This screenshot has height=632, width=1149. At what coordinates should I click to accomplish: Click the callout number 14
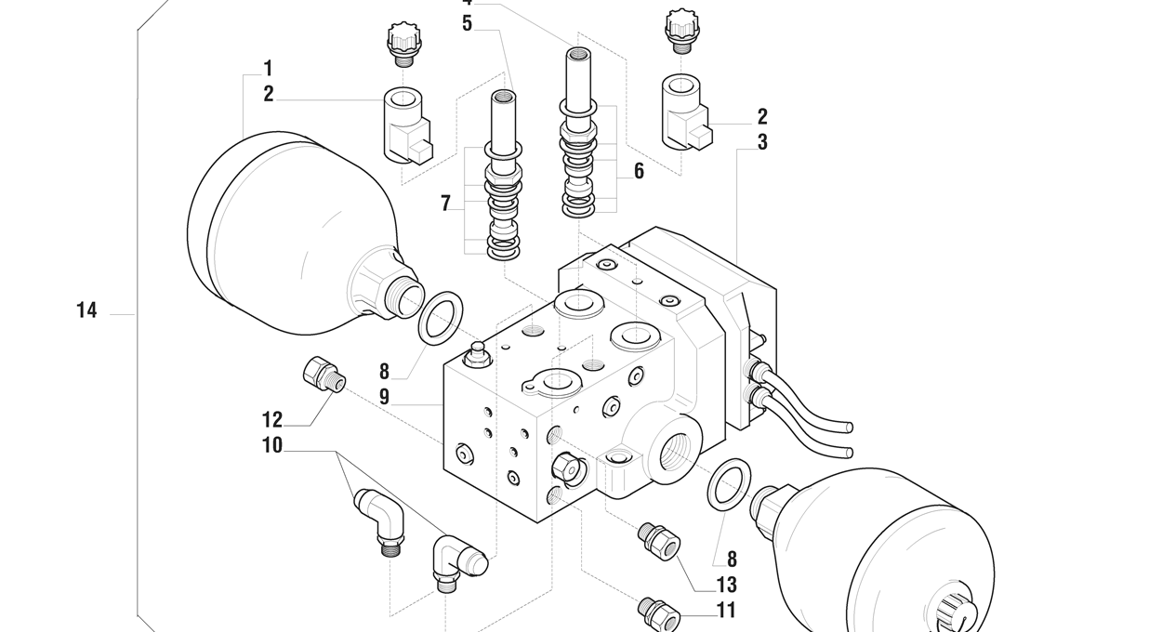click(86, 310)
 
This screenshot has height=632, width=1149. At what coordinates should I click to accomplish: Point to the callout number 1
click(268, 69)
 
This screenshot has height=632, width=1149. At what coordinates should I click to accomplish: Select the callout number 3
click(762, 143)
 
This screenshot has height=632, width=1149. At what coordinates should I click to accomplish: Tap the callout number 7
click(446, 204)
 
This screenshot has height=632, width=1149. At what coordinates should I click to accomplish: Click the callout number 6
click(639, 172)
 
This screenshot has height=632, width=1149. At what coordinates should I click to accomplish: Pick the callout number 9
click(384, 397)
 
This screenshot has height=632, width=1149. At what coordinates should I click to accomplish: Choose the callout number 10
click(271, 446)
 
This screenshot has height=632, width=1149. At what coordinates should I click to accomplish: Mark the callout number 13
click(726, 585)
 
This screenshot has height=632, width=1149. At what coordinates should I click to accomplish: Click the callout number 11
click(726, 611)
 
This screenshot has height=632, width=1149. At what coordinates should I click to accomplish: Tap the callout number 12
click(271, 420)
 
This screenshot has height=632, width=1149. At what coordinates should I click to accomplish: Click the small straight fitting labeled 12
click(324, 375)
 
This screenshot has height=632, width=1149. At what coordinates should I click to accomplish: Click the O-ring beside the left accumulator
click(440, 316)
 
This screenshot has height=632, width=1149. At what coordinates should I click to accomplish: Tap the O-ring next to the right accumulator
click(730, 484)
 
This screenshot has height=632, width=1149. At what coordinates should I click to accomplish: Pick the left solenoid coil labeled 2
click(406, 124)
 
